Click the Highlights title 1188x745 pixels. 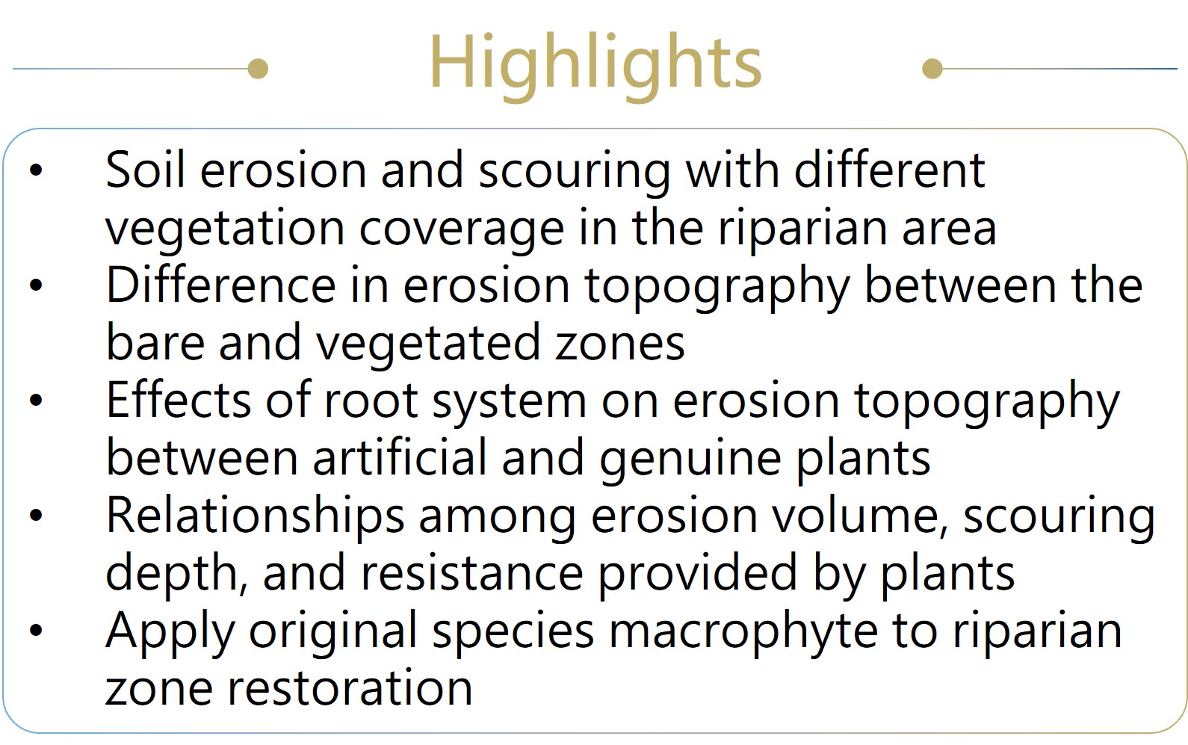[595, 66]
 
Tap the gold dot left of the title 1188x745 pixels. [258, 69]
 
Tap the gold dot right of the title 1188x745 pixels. [932, 69]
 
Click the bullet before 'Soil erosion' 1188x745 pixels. [36, 170]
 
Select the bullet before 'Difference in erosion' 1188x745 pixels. [36, 285]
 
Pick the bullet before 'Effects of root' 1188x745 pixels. [36, 400]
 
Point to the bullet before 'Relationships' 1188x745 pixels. [36, 515]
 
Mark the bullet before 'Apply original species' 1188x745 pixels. [36, 630]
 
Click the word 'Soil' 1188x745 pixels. [145, 170]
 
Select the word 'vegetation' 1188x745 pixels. [226, 229]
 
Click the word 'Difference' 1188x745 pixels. [221, 285]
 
